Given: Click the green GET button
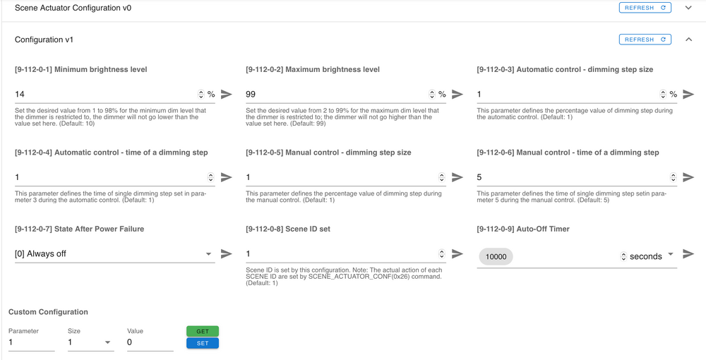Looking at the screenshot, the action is click(203, 331).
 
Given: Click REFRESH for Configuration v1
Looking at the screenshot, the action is click(645, 40).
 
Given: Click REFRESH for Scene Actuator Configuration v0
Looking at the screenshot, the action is click(645, 8).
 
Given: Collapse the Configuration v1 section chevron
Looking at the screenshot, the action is click(688, 40).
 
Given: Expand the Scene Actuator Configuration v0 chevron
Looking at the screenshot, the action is click(688, 8).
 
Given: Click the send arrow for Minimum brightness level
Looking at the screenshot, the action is click(227, 94).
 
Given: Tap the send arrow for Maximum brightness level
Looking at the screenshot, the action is click(457, 94).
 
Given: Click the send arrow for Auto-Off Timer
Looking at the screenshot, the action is click(688, 254).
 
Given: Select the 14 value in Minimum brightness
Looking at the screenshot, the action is click(20, 95).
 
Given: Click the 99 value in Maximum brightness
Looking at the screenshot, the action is click(251, 95).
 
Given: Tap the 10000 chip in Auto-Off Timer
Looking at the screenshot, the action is click(496, 256).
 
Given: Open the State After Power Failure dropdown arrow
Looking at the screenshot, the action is click(208, 254).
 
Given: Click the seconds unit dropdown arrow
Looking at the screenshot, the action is click(671, 254).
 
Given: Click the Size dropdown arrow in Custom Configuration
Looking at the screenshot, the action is click(107, 342).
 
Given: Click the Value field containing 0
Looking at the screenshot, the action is click(150, 342).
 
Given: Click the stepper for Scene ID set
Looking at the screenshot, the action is click(442, 254).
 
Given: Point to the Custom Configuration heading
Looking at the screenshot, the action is click(48, 312).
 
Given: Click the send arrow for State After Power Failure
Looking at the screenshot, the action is click(227, 254).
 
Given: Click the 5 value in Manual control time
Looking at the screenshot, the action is click(479, 177).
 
